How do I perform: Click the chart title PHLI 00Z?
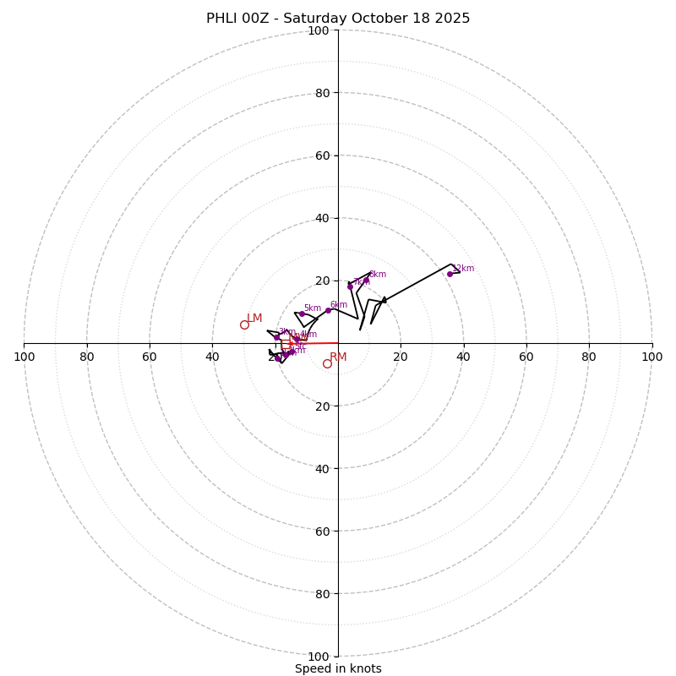coord(338,19)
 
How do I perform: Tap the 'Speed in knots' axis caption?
coord(338,668)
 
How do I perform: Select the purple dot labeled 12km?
coord(450,274)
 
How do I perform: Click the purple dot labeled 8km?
coord(366,281)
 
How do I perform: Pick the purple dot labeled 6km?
coord(328,310)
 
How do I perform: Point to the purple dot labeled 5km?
coord(302,313)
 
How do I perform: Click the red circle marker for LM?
coord(244,324)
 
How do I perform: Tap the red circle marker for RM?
coord(327,363)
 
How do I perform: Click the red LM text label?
coord(254,319)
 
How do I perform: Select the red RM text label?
coord(338,357)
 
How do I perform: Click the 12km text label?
coord(463,269)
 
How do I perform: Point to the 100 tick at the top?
coord(319,30)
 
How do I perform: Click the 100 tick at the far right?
coord(652,357)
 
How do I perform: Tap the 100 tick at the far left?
coord(24,357)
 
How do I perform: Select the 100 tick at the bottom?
coord(319,656)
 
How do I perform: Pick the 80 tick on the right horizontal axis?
coord(589,357)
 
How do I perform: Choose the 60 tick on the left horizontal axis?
coord(150,357)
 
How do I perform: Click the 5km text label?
coord(313,308)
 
